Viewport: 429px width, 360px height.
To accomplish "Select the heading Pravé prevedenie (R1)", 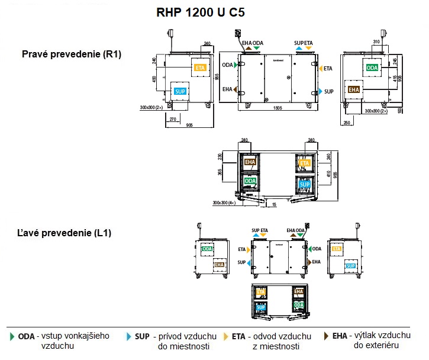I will tap(72, 54).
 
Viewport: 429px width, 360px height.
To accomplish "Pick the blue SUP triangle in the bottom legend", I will tap(129, 336).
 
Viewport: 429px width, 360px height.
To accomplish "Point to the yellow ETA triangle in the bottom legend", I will tap(226, 336).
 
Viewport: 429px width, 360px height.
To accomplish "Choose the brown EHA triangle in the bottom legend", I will tap(326, 336).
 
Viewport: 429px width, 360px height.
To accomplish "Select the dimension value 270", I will tap(173, 119).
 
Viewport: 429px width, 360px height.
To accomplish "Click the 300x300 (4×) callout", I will tap(224, 202).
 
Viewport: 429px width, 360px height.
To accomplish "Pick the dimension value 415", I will tap(395, 78).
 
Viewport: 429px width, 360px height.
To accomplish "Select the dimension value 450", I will tap(154, 79).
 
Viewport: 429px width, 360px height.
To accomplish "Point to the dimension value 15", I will tap(274, 204).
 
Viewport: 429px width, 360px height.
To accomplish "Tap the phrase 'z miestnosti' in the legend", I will tap(276, 346).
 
